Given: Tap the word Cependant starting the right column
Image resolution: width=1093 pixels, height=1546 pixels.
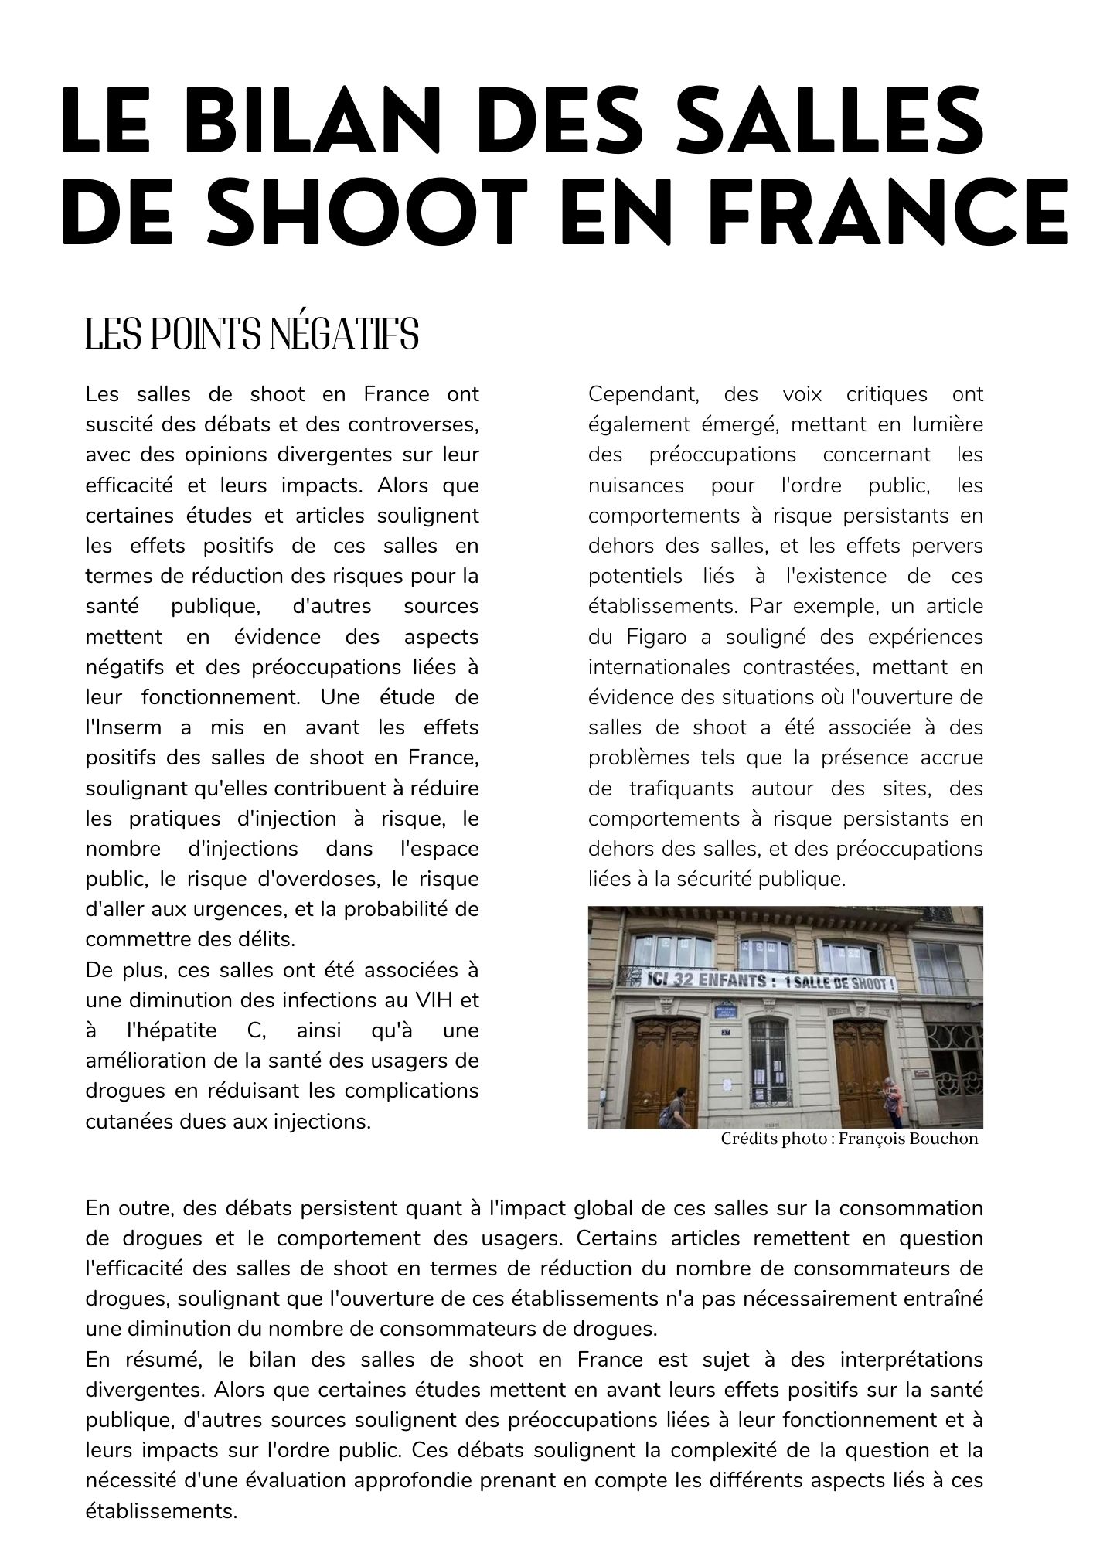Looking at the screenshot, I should [643, 394].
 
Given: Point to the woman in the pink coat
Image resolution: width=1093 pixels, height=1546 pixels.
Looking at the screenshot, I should [893, 1102].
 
